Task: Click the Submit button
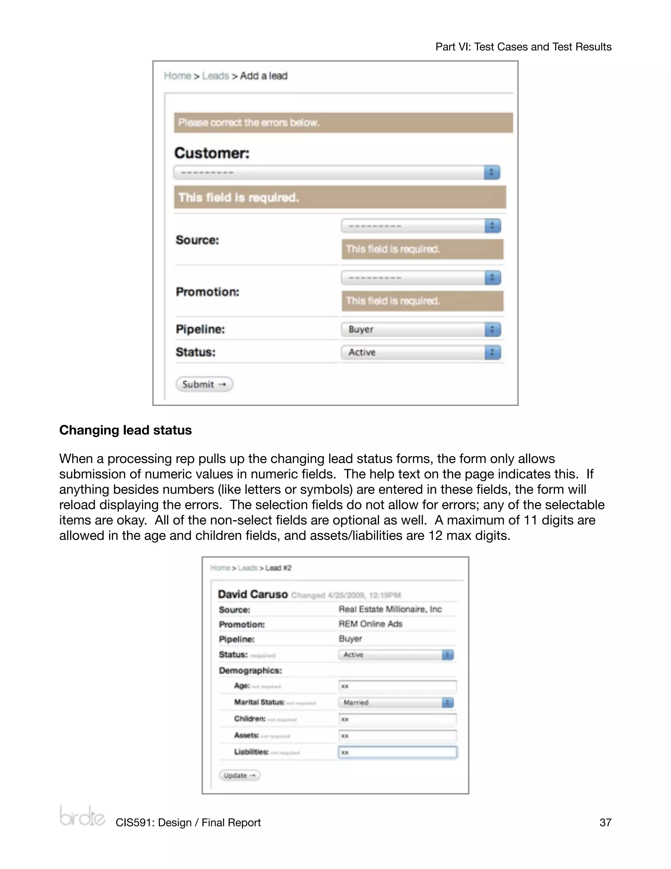click(204, 384)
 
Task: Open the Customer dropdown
click(336, 173)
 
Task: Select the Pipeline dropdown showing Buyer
click(421, 330)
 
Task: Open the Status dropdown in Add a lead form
click(421, 353)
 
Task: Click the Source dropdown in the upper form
click(421, 226)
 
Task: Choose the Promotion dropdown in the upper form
click(421, 278)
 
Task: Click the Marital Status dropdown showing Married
click(396, 703)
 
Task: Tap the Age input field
click(397, 686)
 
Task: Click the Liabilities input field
click(397, 752)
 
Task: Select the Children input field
click(397, 719)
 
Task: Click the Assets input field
click(397, 736)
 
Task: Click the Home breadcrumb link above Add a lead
click(177, 76)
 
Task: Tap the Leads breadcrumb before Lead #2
click(248, 568)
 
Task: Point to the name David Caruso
click(253, 594)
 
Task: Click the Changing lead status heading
click(125, 430)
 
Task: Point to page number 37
click(605, 822)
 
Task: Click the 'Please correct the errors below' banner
click(343, 123)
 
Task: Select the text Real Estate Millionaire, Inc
click(390, 609)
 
